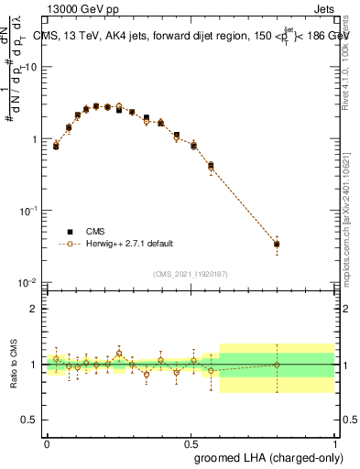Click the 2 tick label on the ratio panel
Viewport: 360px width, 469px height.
[x=36, y=309]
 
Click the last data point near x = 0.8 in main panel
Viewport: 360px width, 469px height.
[x=277, y=244]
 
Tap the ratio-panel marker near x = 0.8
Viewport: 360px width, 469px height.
[x=277, y=365]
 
